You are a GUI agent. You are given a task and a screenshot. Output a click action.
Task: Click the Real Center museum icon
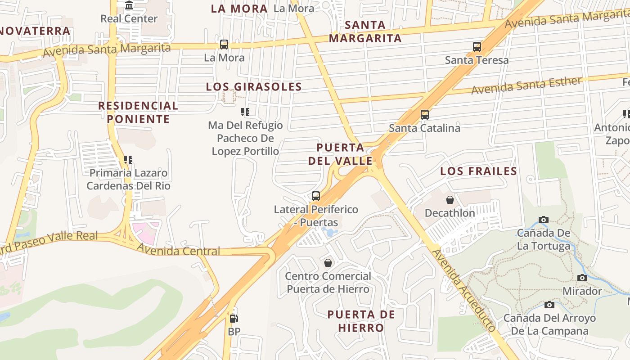click(x=129, y=5)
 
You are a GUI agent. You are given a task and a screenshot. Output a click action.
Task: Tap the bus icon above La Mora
click(x=224, y=45)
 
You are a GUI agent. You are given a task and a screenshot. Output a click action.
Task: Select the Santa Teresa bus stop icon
click(x=477, y=47)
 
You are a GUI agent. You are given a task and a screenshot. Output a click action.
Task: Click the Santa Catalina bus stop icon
click(x=425, y=115)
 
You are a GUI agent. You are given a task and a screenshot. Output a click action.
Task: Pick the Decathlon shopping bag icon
click(x=450, y=200)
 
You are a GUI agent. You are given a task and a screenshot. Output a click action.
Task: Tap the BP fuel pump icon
click(x=234, y=319)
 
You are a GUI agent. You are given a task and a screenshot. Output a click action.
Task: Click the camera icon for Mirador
click(x=582, y=278)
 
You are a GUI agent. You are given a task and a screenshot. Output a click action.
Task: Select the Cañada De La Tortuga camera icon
click(x=544, y=220)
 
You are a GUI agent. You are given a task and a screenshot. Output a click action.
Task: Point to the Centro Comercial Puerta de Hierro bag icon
click(x=328, y=263)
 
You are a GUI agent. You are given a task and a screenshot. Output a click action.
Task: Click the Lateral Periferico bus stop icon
click(x=316, y=196)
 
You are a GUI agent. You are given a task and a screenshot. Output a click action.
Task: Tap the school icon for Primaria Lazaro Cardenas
click(x=128, y=160)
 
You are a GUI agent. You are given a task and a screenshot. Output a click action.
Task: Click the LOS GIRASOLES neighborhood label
click(x=254, y=87)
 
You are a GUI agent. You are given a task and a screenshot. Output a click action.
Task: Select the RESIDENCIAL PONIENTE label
click(x=138, y=112)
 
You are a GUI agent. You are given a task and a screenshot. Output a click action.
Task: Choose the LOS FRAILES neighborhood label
click(x=478, y=171)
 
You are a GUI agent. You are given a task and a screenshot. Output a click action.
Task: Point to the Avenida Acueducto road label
click(x=464, y=290)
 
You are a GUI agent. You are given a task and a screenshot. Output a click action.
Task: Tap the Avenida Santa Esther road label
click(x=526, y=85)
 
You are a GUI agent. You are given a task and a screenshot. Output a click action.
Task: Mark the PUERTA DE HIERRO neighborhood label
click(x=361, y=321)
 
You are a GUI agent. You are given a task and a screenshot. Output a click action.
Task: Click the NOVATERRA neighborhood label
click(x=35, y=31)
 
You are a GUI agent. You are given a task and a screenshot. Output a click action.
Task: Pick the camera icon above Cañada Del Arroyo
click(x=549, y=305)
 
